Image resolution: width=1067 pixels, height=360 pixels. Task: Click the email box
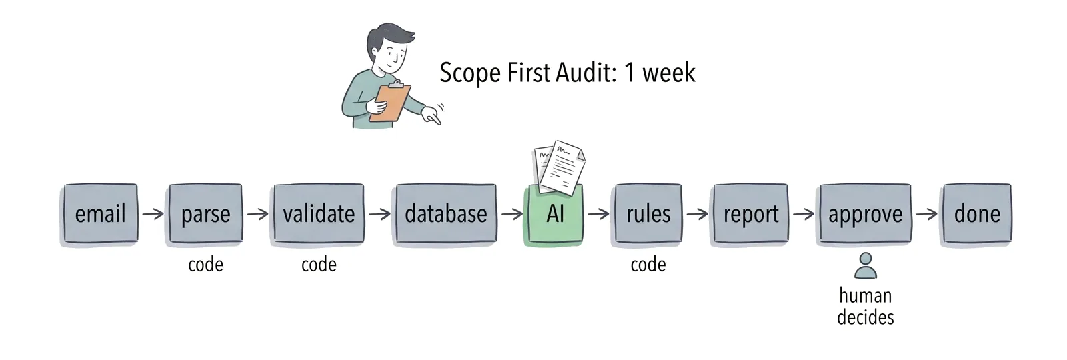pos(100,213)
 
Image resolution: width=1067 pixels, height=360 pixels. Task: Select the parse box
pos(205,213)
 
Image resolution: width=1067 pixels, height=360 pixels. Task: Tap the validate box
pos(319,213)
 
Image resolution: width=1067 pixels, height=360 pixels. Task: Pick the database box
pos(446,213)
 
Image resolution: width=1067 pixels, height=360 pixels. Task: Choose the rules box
pos(648,213)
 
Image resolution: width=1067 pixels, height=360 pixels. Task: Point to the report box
pos(751,213)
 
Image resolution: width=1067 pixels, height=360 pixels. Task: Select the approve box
pos(865,213)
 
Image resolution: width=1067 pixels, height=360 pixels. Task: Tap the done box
pos(977,213)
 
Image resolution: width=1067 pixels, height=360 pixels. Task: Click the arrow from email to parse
pos(153,214)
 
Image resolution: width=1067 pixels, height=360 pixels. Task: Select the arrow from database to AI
pos(512,214)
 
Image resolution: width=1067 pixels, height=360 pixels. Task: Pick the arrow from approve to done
pos(927,214)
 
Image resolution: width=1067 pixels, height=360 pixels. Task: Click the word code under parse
pos(205,264)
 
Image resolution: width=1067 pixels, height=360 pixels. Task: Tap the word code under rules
pos(648,264)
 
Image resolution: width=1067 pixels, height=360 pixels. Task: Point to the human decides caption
pos(865,306)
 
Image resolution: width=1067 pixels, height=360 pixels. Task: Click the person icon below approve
pos(865,266)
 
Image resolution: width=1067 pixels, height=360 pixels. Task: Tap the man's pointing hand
pos(431,116)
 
